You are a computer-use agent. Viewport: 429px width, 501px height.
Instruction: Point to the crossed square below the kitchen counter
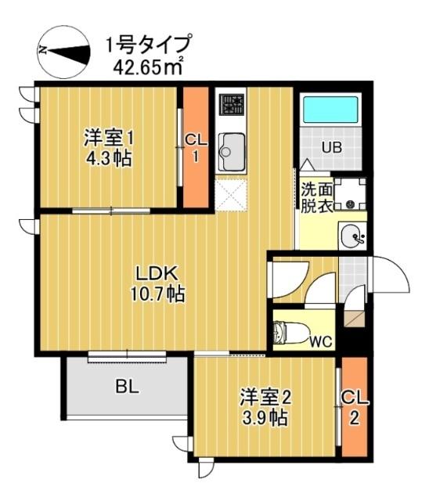pyautogui.click(x=232, y=193)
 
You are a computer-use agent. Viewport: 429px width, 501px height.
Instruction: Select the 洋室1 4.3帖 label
pyautogui.click(x=110, y=148)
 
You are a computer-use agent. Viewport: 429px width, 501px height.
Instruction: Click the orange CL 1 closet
pyautogui.click(x=196, y=147)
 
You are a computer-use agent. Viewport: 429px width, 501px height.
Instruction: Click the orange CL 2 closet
pyautogui.click(x=355, y=407)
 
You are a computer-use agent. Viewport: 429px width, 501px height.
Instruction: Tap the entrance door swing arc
pyautogui.click(x=391, y=274)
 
